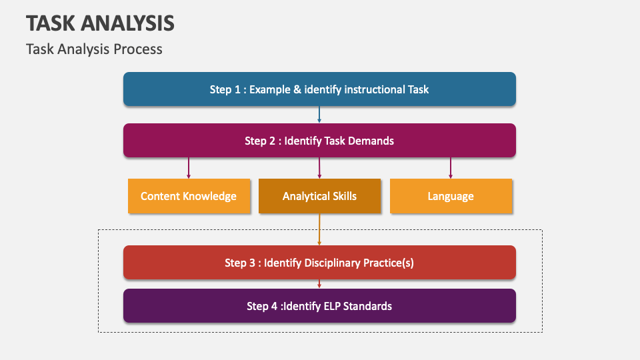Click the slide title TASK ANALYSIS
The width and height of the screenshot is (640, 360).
click(100, 23)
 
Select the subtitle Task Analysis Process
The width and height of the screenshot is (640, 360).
click(94, 49)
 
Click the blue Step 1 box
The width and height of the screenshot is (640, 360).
click(319, 89)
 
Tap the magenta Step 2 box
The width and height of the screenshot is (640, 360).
click(319, 141)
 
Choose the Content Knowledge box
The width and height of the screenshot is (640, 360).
click(189, 196)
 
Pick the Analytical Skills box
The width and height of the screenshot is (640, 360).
click(319, 196)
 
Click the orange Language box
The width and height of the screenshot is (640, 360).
click(451, 196)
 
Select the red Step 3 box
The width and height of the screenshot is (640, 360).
click(319, 263)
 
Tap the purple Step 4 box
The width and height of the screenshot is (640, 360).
click(319, 306)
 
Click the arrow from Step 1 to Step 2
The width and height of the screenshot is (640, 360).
click(319, 115)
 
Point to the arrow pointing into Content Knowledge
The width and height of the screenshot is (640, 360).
click(189, 167)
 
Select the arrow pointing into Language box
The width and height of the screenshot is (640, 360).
click(451, 167)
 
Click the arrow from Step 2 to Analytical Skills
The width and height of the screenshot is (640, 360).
click(319, 167)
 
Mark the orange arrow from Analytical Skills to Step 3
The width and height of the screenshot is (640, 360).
click(319, 229)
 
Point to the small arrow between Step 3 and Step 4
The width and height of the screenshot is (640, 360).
click(319, 284)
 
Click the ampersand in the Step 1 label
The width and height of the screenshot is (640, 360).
click(297, 89)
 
